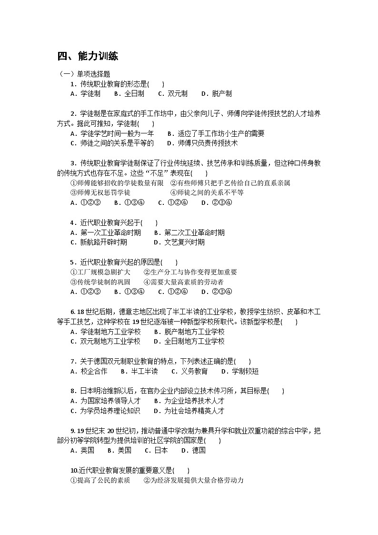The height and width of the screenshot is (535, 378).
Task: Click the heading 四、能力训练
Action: pyautogui.click(x=88, y=56)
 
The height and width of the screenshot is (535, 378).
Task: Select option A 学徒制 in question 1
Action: pyautogui.click(x=85, y=94)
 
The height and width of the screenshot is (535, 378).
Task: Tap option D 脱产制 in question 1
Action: pyautogui.click(x=216, y=94)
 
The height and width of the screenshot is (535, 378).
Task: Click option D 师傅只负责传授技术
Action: pyautogui.click(x=202, y=143)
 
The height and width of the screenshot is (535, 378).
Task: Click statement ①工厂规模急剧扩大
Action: pyautogui.click(x=100, y=272)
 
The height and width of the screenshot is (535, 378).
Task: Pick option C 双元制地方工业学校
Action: pyautogui.click(x=105, y=341)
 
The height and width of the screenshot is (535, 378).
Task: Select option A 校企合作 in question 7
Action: pyautogui.click(x=89, y=371)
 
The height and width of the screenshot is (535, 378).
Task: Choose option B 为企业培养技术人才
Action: pyautogui.click(x=189, y=401)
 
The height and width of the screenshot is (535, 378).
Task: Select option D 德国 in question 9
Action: pyautogui.click(x=193, y=450)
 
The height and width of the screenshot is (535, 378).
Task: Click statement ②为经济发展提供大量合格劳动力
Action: pyautogui.click(x=194, y=480)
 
